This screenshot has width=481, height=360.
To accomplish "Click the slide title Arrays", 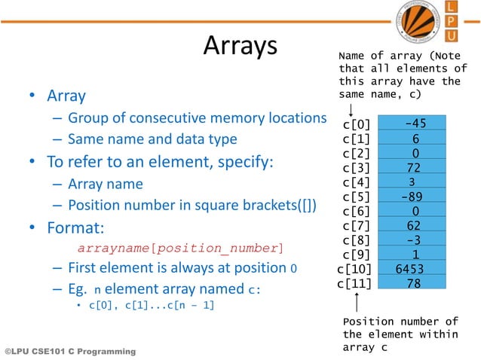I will (x=240, y=46).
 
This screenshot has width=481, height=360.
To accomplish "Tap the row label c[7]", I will (x=356, y=225).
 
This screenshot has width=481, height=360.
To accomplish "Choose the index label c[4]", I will (x=356, y=182).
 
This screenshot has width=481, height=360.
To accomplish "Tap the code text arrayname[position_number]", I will (x=181, y=248).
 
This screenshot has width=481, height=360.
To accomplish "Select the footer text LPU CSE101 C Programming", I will (x=70, y=352).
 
